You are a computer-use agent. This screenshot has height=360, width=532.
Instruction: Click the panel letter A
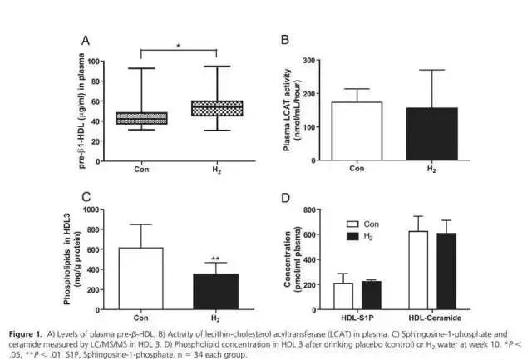(85, 40)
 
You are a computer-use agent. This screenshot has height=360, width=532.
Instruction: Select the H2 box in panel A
(216, 108)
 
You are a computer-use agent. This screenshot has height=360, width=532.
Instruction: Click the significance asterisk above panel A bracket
(178, 47)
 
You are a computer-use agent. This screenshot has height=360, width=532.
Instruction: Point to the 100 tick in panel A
(95, 62)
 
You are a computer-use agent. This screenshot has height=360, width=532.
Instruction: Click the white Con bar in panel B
(356, 131)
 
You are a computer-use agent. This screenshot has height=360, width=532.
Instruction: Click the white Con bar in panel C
(140, 278)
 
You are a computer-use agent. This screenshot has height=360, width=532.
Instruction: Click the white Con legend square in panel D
(352, 224)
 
